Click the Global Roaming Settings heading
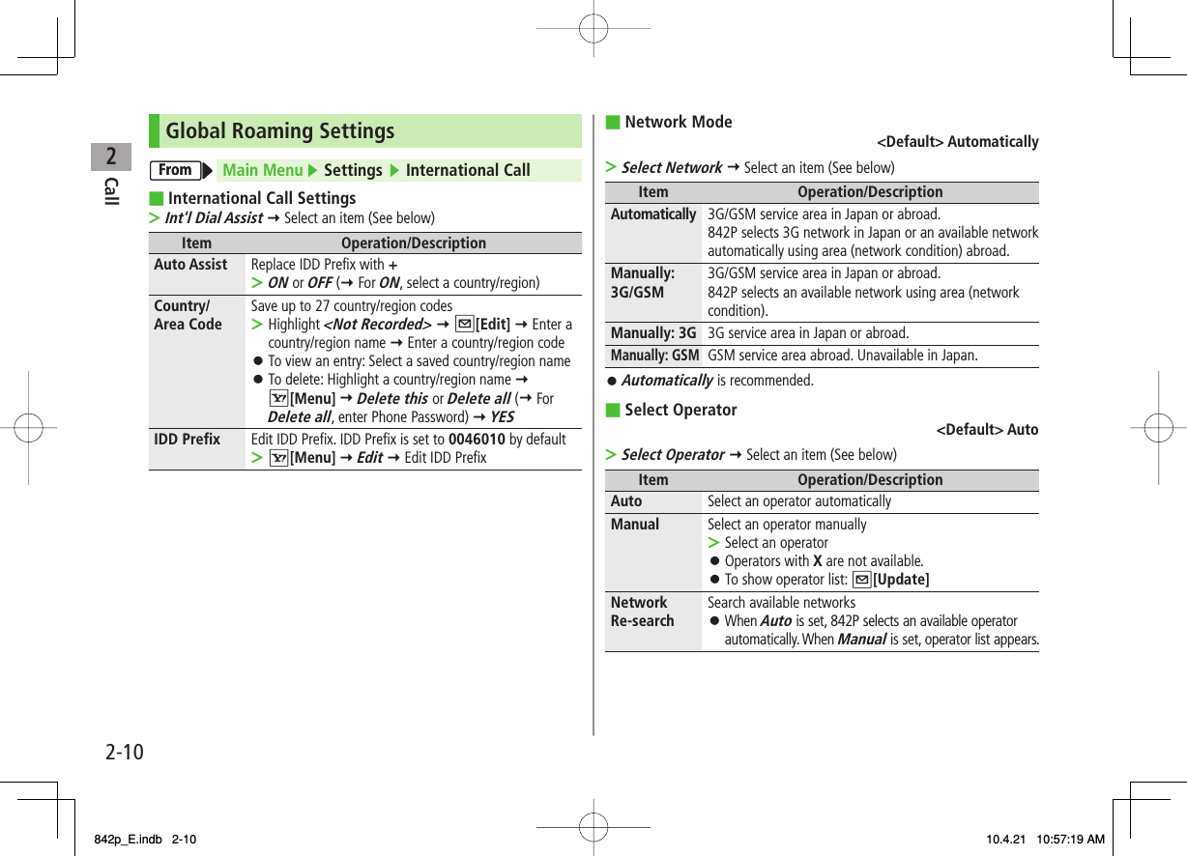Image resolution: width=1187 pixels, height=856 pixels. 280,131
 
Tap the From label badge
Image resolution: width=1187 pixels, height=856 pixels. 176,171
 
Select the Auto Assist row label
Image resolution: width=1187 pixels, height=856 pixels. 190,265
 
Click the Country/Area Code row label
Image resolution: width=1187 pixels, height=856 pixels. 188,315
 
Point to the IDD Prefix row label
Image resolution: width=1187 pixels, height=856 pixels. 187,440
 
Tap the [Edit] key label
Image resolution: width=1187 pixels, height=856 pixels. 494,325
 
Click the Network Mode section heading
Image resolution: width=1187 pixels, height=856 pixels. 679,122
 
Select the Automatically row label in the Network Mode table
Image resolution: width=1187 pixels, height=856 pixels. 653,214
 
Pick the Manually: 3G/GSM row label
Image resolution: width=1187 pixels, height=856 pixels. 642,283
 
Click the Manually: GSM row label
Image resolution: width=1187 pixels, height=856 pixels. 654,356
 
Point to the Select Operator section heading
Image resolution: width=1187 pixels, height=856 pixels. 680,410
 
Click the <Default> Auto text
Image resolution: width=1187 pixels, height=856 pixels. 987,430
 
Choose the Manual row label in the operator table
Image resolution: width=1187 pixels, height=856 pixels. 634,525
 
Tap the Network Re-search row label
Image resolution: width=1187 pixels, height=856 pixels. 642,612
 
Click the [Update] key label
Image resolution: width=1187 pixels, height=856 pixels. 900,580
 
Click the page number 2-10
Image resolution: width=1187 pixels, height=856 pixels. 125,751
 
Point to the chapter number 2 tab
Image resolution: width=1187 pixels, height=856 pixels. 112,156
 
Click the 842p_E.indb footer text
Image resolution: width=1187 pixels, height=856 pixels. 125,840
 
